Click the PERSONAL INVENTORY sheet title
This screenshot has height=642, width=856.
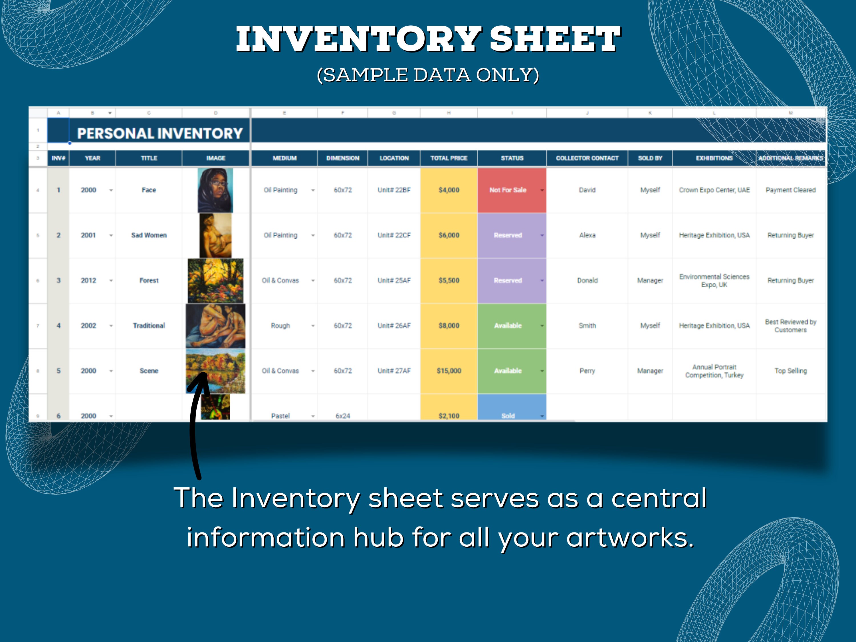point(160,134)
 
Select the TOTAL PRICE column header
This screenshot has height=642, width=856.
point(449,158)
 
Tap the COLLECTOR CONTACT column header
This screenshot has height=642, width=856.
point(587,158)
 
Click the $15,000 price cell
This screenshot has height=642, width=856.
point(449,371)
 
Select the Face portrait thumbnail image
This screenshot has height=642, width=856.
point(215,190)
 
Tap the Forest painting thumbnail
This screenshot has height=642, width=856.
point(215,280)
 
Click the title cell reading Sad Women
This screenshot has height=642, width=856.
point(149,235)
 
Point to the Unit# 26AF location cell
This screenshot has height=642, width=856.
point(394,326)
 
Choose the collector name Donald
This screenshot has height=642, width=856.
point(587,280)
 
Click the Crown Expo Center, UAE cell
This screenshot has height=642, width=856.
point(714,190)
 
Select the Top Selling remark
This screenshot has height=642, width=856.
point(790,371)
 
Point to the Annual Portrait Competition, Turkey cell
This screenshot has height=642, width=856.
point(714,371)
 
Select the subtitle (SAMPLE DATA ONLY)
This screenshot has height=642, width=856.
point(428,75)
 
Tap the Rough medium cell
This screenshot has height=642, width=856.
point(280,326)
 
